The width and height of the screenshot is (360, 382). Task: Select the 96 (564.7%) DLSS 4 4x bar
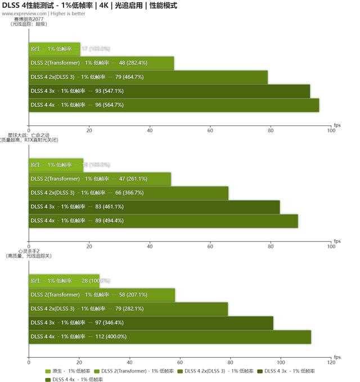click(x=174, y=105)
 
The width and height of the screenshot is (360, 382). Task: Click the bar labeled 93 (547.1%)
click(x=169, y=91)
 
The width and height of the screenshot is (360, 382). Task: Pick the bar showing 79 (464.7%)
click(x=148, y=77)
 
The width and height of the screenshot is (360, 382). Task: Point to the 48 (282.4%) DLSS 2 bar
click(x=101, y=63)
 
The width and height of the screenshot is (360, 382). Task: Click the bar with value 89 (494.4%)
click(x=163, y=221)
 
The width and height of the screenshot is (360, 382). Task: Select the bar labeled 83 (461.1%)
click(x=154, y=207)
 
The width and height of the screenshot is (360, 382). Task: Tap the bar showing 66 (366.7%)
click(x=128, y=193)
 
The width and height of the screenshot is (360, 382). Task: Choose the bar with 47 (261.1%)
click(x=100, y=179)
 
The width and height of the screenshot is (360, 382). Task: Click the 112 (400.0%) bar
click(x=169, y=337)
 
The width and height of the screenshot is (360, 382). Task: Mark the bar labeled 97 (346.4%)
click(x=151, y=323)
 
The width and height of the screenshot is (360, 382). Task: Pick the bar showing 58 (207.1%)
click(x=102, y=295)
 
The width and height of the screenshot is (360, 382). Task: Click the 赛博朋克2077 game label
click(x=30, y=19)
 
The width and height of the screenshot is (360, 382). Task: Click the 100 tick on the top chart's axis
click(x=331, y=131)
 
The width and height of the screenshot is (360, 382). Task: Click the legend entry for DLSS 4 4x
click(x=71, y=379)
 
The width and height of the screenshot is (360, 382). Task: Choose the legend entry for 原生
click(x=67, y=371)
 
